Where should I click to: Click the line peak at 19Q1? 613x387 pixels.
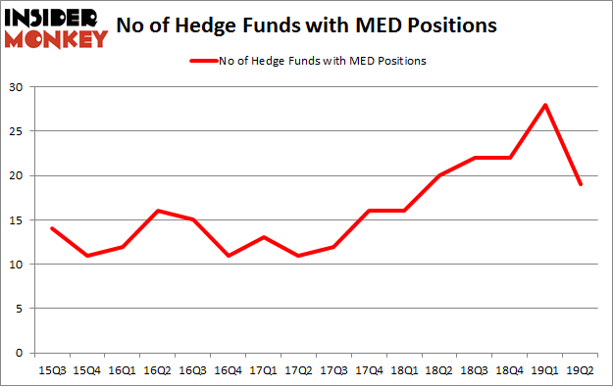click(x=545, y=105)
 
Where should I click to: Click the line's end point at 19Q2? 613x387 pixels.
click(x=580, y=184)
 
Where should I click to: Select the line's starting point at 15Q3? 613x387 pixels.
click(x=51, y=228)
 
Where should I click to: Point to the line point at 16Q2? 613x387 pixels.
click(x=157, y=211)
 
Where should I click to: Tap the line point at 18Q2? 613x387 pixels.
click(x=439, y=175)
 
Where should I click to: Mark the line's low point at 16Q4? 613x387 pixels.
click(x=228, y=255)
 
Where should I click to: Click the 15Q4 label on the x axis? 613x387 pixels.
click(x=86, y=370)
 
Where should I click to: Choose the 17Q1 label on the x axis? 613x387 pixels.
click(x=263, y=370)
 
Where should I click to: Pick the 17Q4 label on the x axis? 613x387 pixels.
click(x=369, y=370)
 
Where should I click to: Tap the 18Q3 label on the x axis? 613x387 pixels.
click(x=475, y=370)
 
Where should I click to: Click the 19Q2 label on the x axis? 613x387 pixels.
click(x=580, y=370)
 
